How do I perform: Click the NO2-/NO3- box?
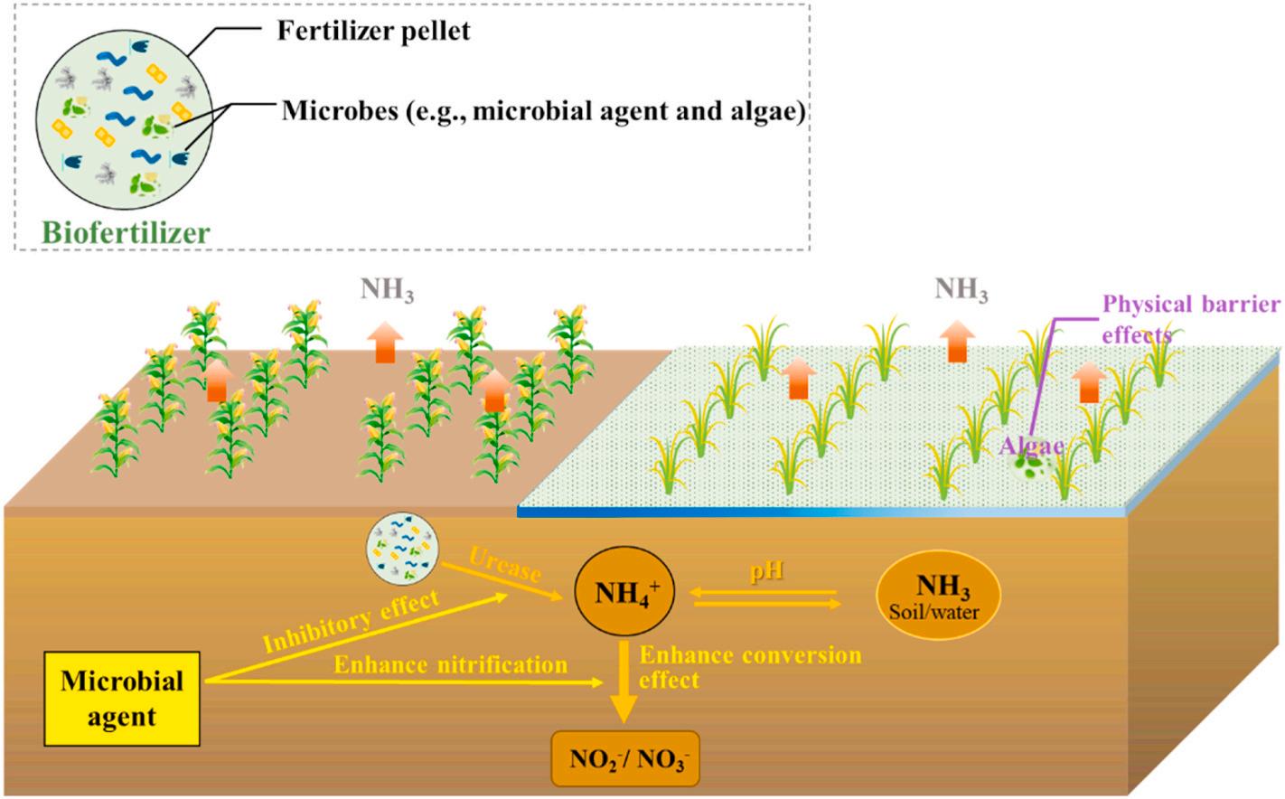coord(625,757)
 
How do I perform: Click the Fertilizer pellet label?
coord(373,32)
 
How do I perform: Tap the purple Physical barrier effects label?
coord(1188,317)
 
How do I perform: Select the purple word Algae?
coord(1030,445)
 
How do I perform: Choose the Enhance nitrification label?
coord(450,665)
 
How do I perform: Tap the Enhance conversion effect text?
coord(749,667)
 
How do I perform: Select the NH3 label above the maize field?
coord(387,290)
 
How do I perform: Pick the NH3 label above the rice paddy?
coord(961,290)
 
